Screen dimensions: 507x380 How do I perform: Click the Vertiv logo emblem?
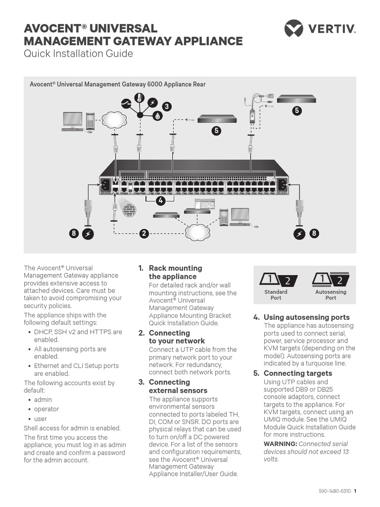click(x=293, y=28)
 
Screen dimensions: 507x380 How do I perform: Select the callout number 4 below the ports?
click(x=160, y=201)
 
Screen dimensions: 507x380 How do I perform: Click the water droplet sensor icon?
click(x=157, y=116)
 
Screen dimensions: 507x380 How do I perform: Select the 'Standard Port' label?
click(x=276, y=295)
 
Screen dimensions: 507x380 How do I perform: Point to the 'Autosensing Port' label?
click(x=331, y=295)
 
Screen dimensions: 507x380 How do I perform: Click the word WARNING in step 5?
click(x=280, y=444)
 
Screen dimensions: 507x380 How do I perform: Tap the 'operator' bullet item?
click(x=46, y=409)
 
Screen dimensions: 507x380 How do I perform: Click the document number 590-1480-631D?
click(x=334, y=492)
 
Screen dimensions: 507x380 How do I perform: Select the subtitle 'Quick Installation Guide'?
click(x=79, y=53)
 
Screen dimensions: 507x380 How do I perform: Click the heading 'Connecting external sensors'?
click(x=178, y=386)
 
